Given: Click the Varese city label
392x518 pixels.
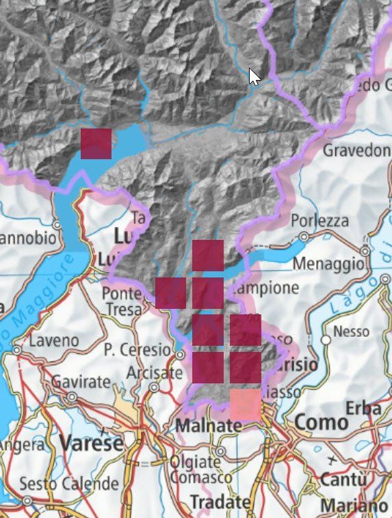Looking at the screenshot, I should coord(91,443).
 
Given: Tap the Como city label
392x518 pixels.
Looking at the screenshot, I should coord(322,422).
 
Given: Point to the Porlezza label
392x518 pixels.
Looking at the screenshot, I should coord(319,221).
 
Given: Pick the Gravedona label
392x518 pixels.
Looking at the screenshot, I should coord(356,150).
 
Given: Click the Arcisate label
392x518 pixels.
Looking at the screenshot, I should coord(155,373).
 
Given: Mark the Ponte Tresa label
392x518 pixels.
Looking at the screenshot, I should coord(122,301).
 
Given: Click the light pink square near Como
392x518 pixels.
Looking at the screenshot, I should coord(245,403).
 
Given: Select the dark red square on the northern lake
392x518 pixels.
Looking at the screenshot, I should coord(96,144).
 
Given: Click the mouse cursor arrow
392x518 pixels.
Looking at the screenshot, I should coord(254,76).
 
